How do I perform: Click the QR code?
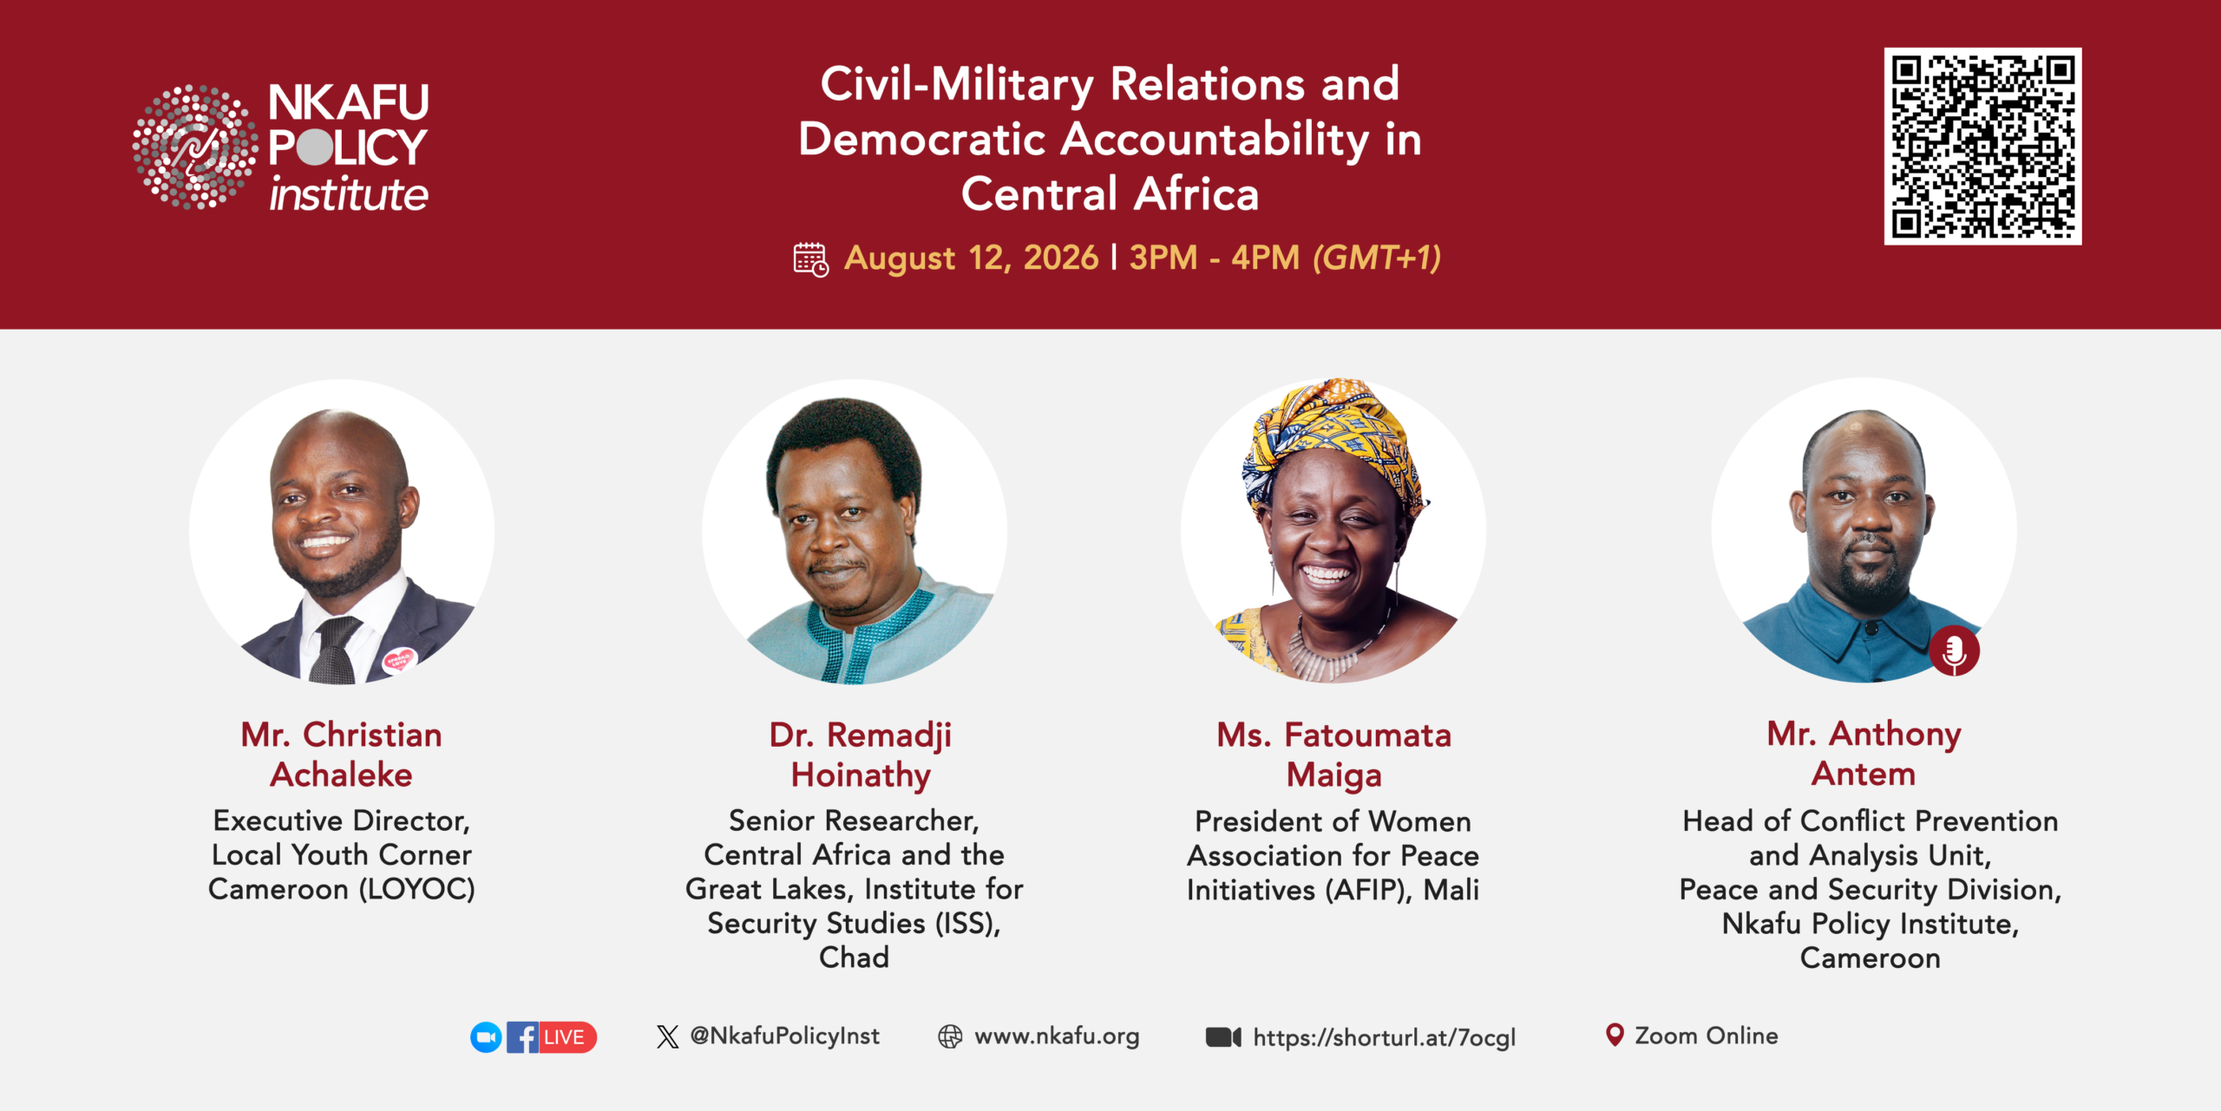click(1982, 146)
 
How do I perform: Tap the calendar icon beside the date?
click(811, 259)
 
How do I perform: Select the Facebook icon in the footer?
click(522, 1037)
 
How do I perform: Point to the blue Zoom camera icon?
click(486, 1037)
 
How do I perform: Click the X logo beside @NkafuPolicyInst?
click(667, 1036)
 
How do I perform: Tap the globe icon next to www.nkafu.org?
click(950, 1036)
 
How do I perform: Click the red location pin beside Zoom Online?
click(1615, 1035)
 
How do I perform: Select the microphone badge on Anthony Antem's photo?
click(1955, 650)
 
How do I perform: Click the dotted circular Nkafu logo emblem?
click(195, 147)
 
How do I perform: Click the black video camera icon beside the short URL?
click(1223, 1037)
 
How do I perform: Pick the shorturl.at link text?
click(1385, 1037)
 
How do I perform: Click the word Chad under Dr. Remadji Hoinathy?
click(855, 957)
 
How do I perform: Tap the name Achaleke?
click(342, 774)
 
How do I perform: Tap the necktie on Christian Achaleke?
click(334, 650)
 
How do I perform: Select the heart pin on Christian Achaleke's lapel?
click(399, 660)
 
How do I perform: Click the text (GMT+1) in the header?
click(1377, 258)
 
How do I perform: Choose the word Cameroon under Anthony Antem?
click(1870, 958)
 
